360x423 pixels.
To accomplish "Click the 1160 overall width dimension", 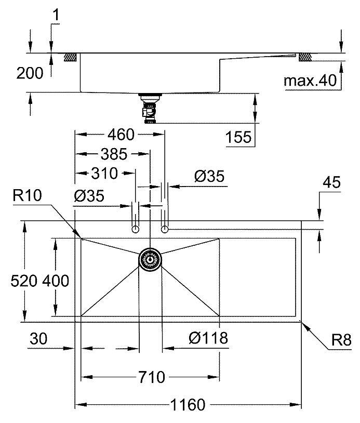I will point(189,404).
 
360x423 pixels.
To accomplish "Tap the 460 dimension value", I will point(121,135).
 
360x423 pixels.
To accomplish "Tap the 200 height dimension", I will point(29,74).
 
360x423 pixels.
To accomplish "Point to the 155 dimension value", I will point(239,138).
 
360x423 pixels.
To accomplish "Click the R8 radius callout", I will point(341,341).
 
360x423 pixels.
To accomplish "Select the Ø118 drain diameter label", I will point(208,338).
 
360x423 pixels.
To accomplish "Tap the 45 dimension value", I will point(331,182).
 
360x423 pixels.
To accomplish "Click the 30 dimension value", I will point(38,339).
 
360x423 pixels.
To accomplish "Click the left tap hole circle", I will point(136,229).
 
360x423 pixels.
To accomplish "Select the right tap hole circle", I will point(165,229).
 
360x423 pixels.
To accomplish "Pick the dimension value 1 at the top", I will point(56,17).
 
